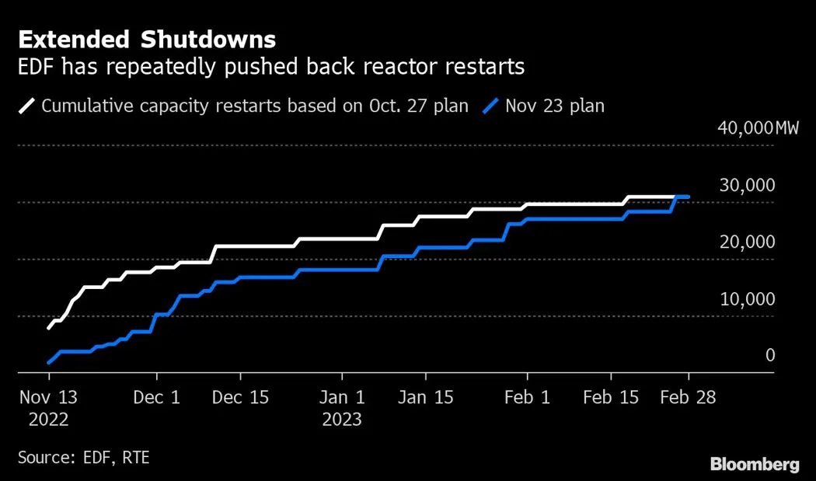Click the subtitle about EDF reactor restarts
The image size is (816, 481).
coord(271,68)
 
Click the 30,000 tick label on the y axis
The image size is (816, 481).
coord(748,185)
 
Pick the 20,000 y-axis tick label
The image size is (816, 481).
coord(748,242)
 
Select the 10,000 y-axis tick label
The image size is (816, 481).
coord(748,298)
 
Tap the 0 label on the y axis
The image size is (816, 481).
coord(770,355)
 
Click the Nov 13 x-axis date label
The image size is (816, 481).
coord(48,397)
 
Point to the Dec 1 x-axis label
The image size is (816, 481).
coord(156,397)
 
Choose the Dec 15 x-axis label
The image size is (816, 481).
coord(240,397)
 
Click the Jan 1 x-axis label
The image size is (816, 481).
coord(342,397)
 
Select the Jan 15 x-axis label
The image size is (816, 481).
coord(425,397)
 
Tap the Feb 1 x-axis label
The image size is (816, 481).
coord(527,397)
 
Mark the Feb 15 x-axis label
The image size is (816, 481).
coord(611,397)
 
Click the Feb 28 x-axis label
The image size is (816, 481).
coord(688,397)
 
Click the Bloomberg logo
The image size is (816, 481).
coord(755,465)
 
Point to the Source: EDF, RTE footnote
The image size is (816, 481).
coord(83,458)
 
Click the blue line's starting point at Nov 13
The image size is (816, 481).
coord(49,362)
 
